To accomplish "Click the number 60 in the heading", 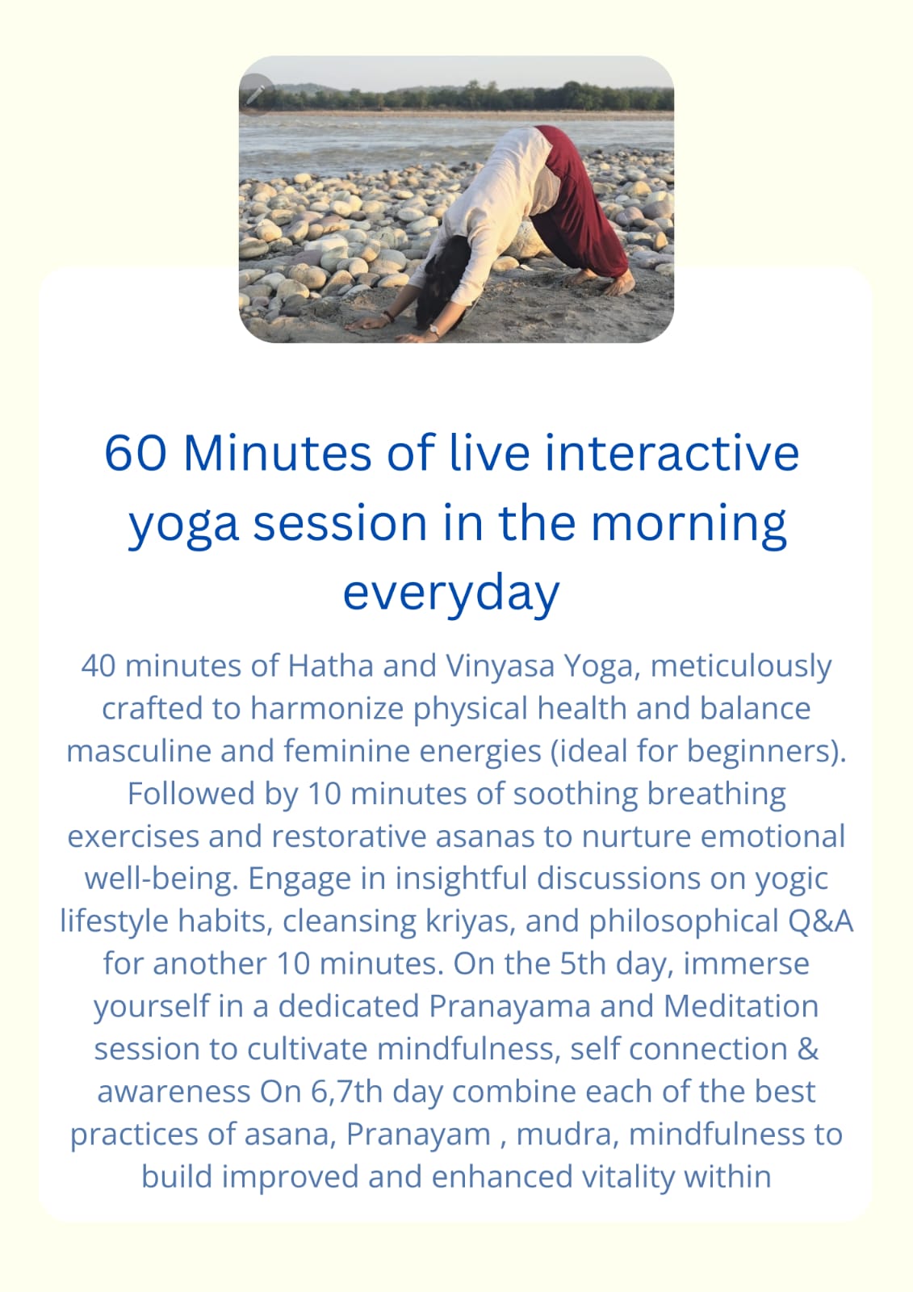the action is (x=136, y=453).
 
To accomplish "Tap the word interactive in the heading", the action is (x=672, y=453).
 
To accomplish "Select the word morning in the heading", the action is (x=689, y=526).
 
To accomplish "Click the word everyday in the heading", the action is (x=451, y=594).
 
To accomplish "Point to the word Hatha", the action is (x=330, y=665).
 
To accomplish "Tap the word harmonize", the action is (x=326, y=708).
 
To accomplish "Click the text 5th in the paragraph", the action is (x=583, y=964).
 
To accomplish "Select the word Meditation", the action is (x=741, y=1006).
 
